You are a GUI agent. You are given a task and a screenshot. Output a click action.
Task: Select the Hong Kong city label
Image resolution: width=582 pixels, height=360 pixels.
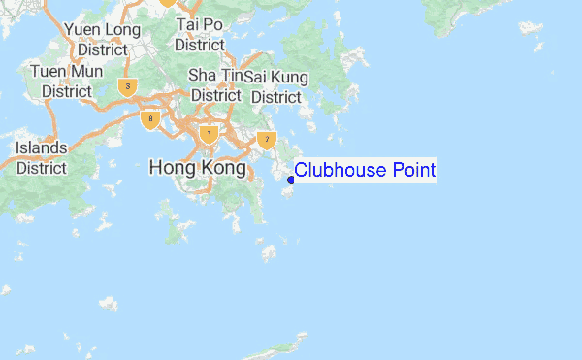point(198,168)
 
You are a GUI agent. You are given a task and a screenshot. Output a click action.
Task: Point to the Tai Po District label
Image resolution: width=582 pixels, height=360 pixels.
point(200,34)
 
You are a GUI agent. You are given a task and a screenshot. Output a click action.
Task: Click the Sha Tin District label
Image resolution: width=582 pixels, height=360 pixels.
point(215,84)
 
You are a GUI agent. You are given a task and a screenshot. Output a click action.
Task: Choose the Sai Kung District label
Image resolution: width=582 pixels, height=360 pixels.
point(276,86)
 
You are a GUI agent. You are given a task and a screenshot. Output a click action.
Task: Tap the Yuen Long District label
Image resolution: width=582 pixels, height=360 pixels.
point(103,39)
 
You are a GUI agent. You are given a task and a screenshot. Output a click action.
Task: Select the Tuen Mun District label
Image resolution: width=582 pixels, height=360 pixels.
point(67,81)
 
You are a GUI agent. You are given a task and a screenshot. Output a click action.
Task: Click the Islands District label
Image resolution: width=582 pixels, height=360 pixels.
point(42,157)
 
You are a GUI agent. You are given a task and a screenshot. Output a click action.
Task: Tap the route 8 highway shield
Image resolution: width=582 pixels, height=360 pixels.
point(149,120)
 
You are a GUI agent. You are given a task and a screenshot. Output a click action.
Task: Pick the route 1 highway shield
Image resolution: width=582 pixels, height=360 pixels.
point(208,133)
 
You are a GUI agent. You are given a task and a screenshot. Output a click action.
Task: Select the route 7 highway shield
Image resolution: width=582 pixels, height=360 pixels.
point(268,140)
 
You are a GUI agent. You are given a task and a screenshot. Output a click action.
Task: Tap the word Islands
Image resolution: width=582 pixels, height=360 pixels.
point(42,147)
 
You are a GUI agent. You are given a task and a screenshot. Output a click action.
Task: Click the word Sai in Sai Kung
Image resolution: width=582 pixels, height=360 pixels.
point(256,77)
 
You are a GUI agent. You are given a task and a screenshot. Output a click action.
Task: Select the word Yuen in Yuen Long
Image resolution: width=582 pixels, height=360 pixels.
point(83,30)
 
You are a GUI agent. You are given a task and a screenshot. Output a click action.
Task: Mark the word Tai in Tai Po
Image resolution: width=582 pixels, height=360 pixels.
point(187,25)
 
